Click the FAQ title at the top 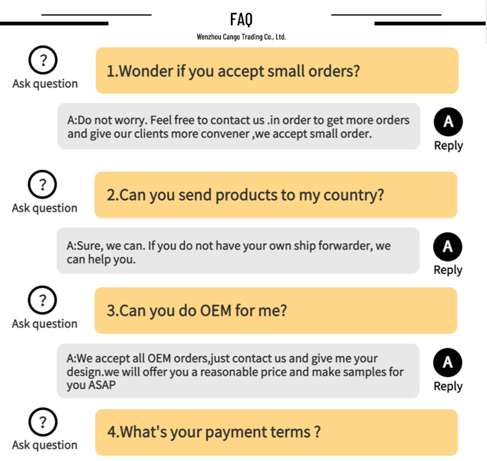click(241, 19)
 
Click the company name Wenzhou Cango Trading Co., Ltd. click(241, 37)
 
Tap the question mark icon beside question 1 click(42, 61)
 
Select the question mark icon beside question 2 click(42, 185)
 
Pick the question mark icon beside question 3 click(42, 301)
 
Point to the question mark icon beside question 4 click(42, 422)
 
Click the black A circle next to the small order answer click(448, 122)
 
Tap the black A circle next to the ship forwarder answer click(448, 247)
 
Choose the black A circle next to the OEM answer click(448, 363)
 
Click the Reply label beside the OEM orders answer click(448, 386)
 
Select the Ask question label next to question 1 click(45, 84)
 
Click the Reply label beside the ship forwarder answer click(448, 270)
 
